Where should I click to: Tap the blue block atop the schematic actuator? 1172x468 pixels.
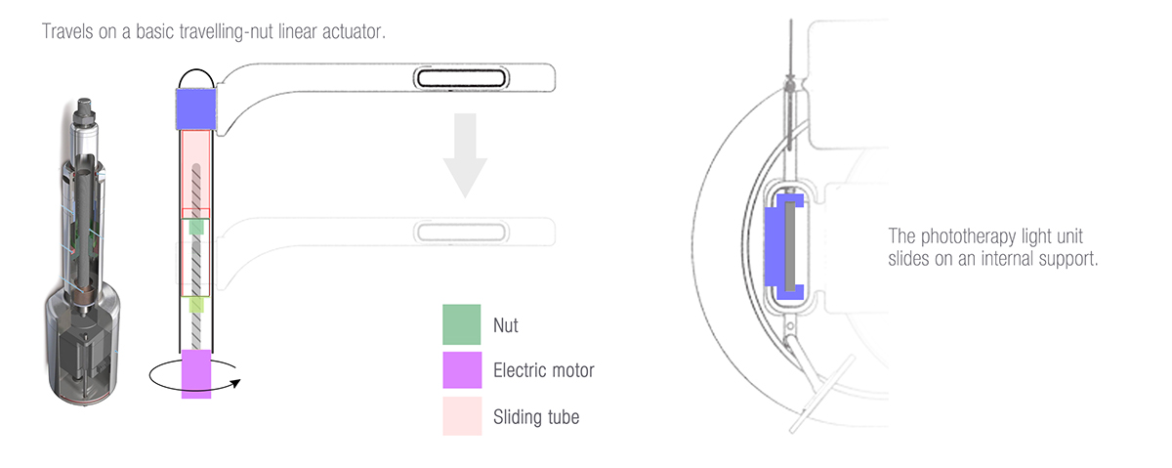(x=194, y=107)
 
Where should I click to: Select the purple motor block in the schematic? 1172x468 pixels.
(x=196, y=374)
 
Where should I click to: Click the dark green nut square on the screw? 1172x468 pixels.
(x=196, y=227)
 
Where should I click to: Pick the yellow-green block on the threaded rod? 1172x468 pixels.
(x=196, y=305)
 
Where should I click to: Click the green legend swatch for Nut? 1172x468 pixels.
(x=461, y=324)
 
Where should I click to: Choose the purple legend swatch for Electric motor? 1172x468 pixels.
(x=461, y=370)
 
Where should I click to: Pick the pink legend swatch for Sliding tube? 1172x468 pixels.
(x=461, y=416)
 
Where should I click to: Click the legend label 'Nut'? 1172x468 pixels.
(x=507, y=325)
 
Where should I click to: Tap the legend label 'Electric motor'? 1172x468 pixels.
(x=543, y=371)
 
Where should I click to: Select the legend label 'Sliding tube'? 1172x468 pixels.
(x=536, y=417)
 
